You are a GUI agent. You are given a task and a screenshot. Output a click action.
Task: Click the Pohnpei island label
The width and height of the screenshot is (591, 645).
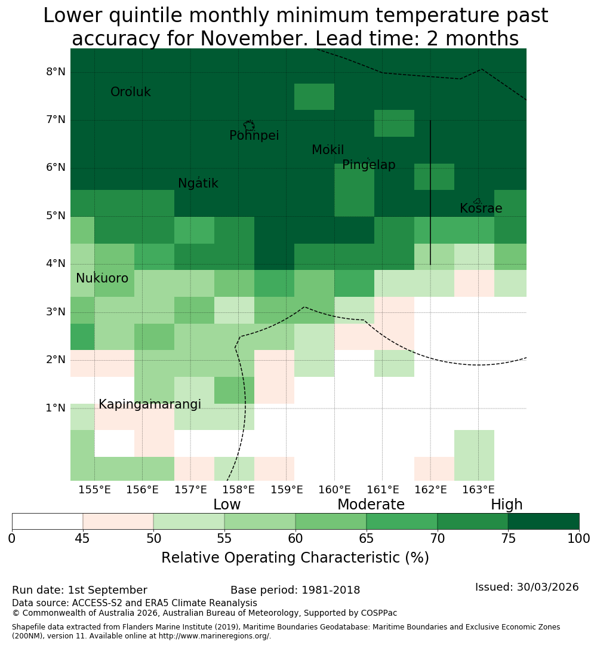(x=254, y=136)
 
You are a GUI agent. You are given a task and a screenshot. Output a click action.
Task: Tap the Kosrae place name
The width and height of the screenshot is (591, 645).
(x=481, y=208)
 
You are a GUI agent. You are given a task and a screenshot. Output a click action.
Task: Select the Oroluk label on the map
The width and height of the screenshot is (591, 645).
(x=130, y=92)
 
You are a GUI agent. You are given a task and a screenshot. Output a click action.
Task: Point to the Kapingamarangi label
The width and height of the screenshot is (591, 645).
(x=150, y=404)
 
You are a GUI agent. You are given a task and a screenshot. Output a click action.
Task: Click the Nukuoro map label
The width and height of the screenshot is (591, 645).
(x=102, y=278)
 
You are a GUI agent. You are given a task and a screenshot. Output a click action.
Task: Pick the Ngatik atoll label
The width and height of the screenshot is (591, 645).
(x=198, y=183)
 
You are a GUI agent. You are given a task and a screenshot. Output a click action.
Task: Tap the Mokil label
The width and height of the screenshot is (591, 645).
(x=328, y=150)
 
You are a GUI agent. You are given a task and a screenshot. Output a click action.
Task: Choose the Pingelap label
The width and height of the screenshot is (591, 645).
(x=368, y=165)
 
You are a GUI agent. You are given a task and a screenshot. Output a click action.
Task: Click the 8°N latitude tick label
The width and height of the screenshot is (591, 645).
(x=56, y=72)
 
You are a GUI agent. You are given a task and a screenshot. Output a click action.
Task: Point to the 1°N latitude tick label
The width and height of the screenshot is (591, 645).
(x=56, y=408)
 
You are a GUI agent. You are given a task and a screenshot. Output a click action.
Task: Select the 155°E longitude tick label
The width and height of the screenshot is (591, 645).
(x=94, y=490)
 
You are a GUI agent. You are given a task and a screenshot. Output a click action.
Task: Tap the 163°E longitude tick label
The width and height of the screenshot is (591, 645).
(x=478, y=490)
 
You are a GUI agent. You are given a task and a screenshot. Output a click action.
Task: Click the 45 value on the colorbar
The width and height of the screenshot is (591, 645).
(x=82, y=539)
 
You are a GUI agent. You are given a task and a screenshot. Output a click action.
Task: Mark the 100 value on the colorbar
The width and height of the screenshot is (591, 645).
(x=579, y=539)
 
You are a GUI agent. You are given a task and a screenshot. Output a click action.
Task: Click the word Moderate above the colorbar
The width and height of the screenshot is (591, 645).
(x=371, y=504)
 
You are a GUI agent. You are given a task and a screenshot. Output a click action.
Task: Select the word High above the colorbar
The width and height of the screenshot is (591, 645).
(x=506, y=504)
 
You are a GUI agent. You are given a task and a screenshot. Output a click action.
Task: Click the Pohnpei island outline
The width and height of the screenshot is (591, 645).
(x=249, y=125)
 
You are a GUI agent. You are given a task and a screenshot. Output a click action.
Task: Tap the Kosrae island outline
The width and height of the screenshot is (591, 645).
(x=477, y=201)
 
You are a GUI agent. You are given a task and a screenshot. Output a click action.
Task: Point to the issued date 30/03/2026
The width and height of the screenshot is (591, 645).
(x=547, y=587)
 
